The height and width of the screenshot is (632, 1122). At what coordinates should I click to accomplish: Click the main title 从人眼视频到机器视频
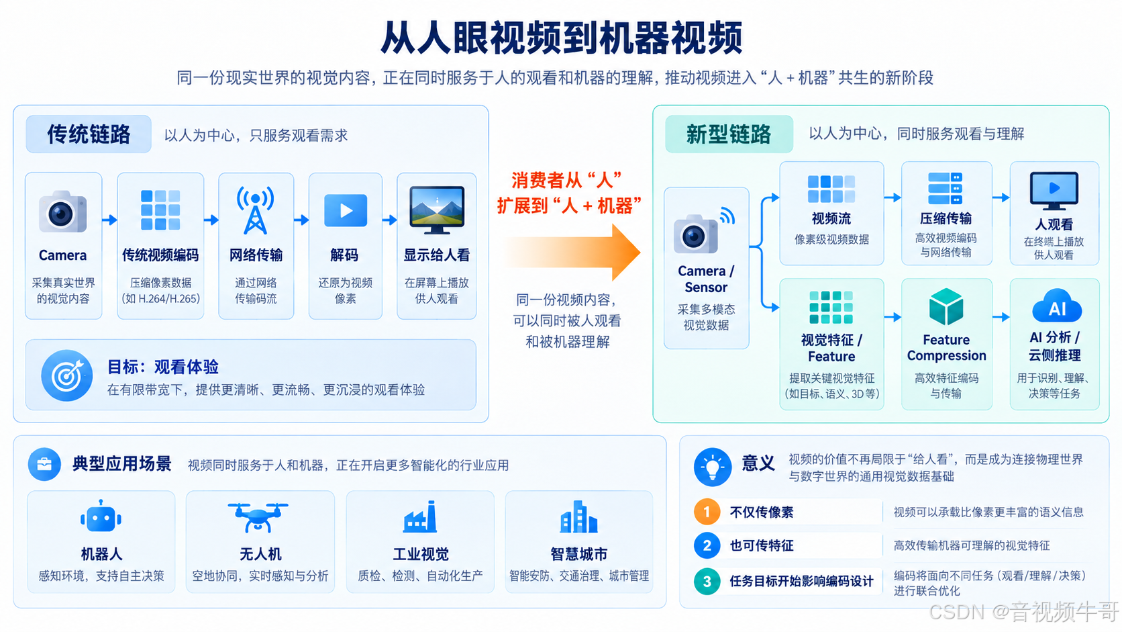click(x=562, y=38)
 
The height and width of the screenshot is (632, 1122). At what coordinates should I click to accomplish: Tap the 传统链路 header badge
click(x=89, y=134)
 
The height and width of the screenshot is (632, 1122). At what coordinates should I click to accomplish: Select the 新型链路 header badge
click(x=729, y=134)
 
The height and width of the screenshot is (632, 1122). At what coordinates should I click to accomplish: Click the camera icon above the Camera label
click(x=62, y=212)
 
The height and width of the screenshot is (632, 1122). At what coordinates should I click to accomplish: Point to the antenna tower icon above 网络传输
click(x=256, y=210)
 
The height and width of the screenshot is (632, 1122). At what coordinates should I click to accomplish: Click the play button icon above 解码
click(x=346, y=210)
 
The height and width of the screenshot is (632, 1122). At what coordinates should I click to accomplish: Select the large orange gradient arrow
click(x=572, y=252)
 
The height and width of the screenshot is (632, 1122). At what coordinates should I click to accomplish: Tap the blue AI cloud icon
click(x=1057, y=306)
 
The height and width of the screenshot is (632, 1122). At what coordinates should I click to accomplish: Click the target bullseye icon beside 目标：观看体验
click(x=66, y=375)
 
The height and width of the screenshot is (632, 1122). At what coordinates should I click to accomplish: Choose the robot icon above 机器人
click(x=101, y=516)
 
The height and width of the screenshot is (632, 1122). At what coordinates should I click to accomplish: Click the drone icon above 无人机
click(x=258, y=517)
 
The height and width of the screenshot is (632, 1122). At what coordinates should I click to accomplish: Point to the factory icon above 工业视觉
click(x=420, y=516)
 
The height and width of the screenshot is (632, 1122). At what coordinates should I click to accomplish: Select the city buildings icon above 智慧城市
click(x=578, y=516)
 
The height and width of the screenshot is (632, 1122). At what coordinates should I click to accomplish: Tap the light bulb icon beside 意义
click(x=712, y=467)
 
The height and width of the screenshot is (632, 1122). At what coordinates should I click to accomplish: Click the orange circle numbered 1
click(x=707, y=512)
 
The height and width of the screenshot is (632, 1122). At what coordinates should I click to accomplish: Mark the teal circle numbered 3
click(x=707, y=582)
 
